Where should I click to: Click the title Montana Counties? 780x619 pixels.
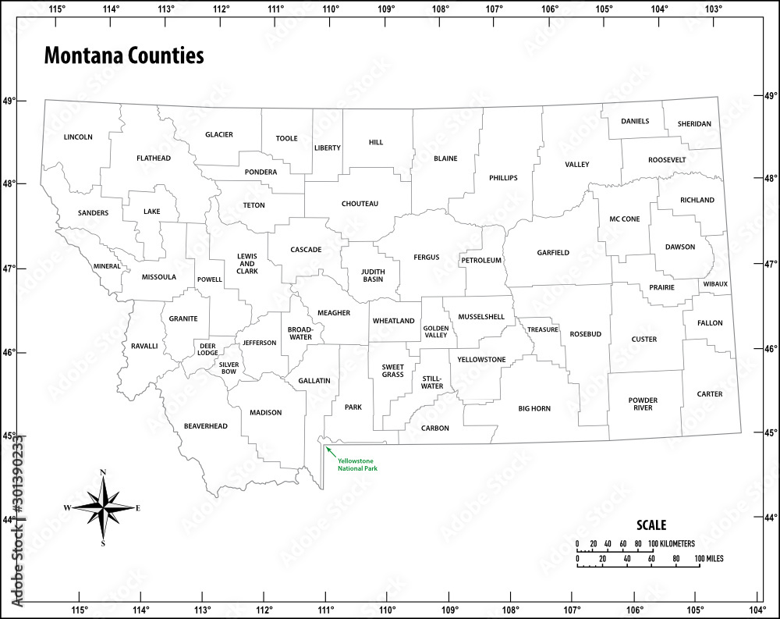124,56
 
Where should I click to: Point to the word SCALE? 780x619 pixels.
651,525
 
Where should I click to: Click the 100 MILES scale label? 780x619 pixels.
708,559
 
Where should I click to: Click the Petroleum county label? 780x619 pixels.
481,260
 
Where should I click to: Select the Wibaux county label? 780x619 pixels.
714,284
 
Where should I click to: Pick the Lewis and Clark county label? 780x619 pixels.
247,263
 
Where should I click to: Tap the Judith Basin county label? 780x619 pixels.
373,275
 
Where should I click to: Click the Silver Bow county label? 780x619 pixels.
229,368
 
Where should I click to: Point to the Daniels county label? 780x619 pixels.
635,121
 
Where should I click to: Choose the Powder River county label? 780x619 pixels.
643,404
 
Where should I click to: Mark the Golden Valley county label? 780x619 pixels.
436,331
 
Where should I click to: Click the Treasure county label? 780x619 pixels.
542,329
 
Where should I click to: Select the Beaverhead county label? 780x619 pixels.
205,426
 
